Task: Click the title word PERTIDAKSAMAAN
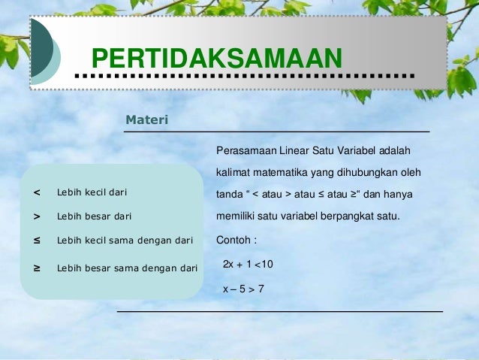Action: coord(216,59)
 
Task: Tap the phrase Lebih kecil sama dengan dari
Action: coord(125,241)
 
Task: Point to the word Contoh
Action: coord(232,241)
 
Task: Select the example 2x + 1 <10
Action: coord(248,265)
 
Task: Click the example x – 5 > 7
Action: coord(243,288)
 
